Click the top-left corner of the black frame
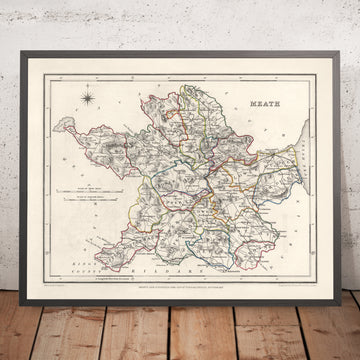23,59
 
